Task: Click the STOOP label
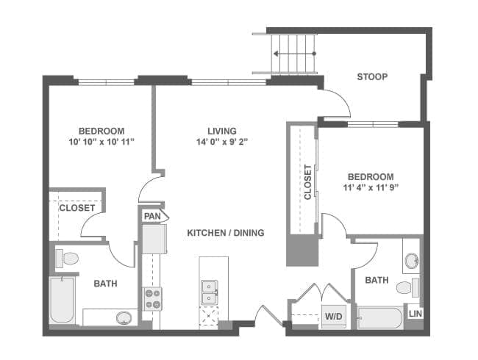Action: (372, 76)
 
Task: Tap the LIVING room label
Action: (222, 131)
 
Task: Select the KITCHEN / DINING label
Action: (226, 233)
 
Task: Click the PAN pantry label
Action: (152, 216)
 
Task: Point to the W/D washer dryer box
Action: (334, 316)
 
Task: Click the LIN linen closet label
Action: (415, 314)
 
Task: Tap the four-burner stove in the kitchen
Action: (152, 299)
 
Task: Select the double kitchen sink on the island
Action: (209, 292)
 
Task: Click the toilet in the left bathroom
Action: (68, 259)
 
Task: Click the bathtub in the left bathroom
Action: (62, 300)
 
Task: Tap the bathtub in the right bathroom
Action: (380, 318)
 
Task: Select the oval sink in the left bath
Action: (124, 317)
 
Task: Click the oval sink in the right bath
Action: (412, 261)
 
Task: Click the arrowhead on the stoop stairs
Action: (276, 54)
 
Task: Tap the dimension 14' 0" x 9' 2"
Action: (222, 142)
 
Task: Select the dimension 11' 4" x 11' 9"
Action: (371, 187)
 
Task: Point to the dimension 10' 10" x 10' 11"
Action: (101, 142)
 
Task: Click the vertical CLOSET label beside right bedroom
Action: (308, 182)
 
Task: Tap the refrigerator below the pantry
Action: (154, 239)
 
